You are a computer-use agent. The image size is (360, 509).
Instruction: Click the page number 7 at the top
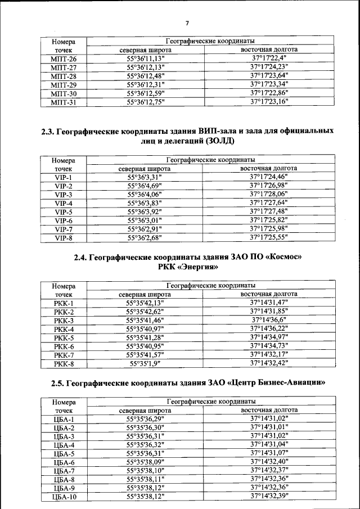coord(187,22)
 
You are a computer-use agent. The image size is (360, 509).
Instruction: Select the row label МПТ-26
coord(63,59)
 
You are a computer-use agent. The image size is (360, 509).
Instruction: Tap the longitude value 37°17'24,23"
coord(269,67)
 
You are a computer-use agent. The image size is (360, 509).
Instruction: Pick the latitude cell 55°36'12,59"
coord(145,93)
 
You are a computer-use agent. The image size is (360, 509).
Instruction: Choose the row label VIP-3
coord(63,195)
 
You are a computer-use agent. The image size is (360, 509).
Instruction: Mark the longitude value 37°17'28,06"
coord(269,195)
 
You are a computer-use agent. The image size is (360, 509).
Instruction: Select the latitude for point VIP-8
coord(145,237)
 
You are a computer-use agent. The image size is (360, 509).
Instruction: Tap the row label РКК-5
coord(64,338)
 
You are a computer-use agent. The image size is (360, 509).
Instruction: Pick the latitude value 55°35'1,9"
coord(145,363)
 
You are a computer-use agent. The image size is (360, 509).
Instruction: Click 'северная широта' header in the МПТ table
coord(145,50)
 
